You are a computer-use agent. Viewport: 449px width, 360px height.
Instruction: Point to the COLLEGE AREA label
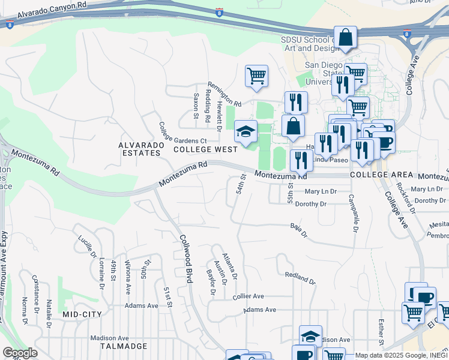(381, 175)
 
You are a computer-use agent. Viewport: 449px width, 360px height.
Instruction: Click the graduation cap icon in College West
(245, 133)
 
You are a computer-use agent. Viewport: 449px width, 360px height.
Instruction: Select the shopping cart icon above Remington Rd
(256, 76)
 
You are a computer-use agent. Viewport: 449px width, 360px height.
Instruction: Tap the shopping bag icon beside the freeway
(345, 38)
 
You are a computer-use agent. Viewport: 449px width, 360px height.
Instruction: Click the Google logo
(20, 353)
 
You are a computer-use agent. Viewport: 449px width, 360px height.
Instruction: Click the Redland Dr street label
(300, 277)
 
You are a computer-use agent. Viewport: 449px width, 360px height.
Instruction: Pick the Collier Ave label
(249, 296)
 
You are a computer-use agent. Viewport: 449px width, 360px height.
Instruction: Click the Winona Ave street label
(127, 277)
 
